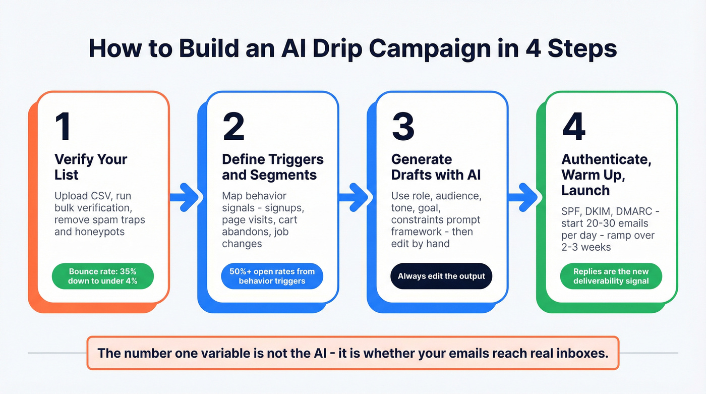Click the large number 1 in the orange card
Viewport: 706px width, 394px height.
pos(63,127)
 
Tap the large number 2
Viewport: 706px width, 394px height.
pos(233,127)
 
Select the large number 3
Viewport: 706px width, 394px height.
pos(403,127)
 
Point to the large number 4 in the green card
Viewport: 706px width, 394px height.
pos(573,127)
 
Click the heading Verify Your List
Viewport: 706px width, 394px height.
pos(91,167)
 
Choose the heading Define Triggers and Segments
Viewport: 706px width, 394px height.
pos(273,167)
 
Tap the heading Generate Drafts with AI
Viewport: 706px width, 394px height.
pos(436,167)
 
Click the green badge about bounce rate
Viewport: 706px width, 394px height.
pos(103,276)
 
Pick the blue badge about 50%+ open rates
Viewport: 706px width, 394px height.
pos(272,276)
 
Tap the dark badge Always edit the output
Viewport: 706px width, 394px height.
pos(441,276)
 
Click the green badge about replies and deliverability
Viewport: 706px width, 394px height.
pos(611,276)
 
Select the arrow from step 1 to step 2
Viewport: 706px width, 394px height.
pos(186,197)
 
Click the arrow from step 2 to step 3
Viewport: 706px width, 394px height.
pos(355,197)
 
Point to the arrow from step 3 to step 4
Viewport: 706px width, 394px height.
pos(524,197)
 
